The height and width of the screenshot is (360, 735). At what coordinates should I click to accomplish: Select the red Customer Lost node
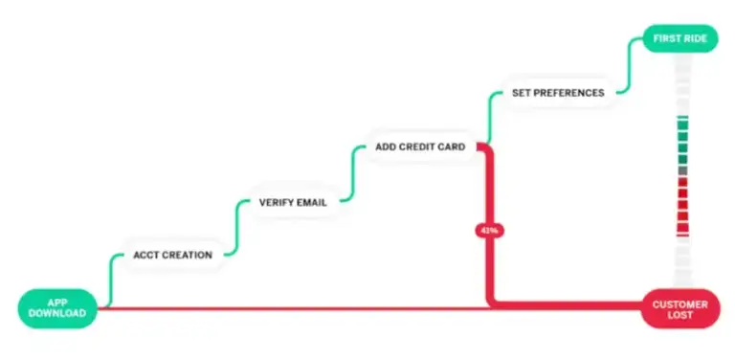(x=679, y=309)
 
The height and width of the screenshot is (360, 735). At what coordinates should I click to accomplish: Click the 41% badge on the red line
(x=488, y=230)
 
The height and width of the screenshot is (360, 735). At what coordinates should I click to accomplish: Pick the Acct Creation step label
(x=172, y=255)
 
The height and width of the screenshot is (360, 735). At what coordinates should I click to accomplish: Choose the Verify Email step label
(x=293, y=202)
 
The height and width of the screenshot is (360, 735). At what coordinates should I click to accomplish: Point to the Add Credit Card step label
(x=420, y=147)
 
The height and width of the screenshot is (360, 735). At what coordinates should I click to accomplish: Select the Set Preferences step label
(x=558, y=93)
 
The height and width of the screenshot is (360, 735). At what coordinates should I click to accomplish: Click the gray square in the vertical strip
(x=682, y=170)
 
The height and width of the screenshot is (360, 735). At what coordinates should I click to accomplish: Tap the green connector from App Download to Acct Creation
(x=112, y=279)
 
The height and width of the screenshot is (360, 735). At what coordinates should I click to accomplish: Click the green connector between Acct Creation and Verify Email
(x=236, y=227)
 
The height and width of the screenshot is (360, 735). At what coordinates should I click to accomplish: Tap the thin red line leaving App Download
(x=287, y=308)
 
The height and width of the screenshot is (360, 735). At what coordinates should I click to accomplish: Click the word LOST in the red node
(x=680, y=316)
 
